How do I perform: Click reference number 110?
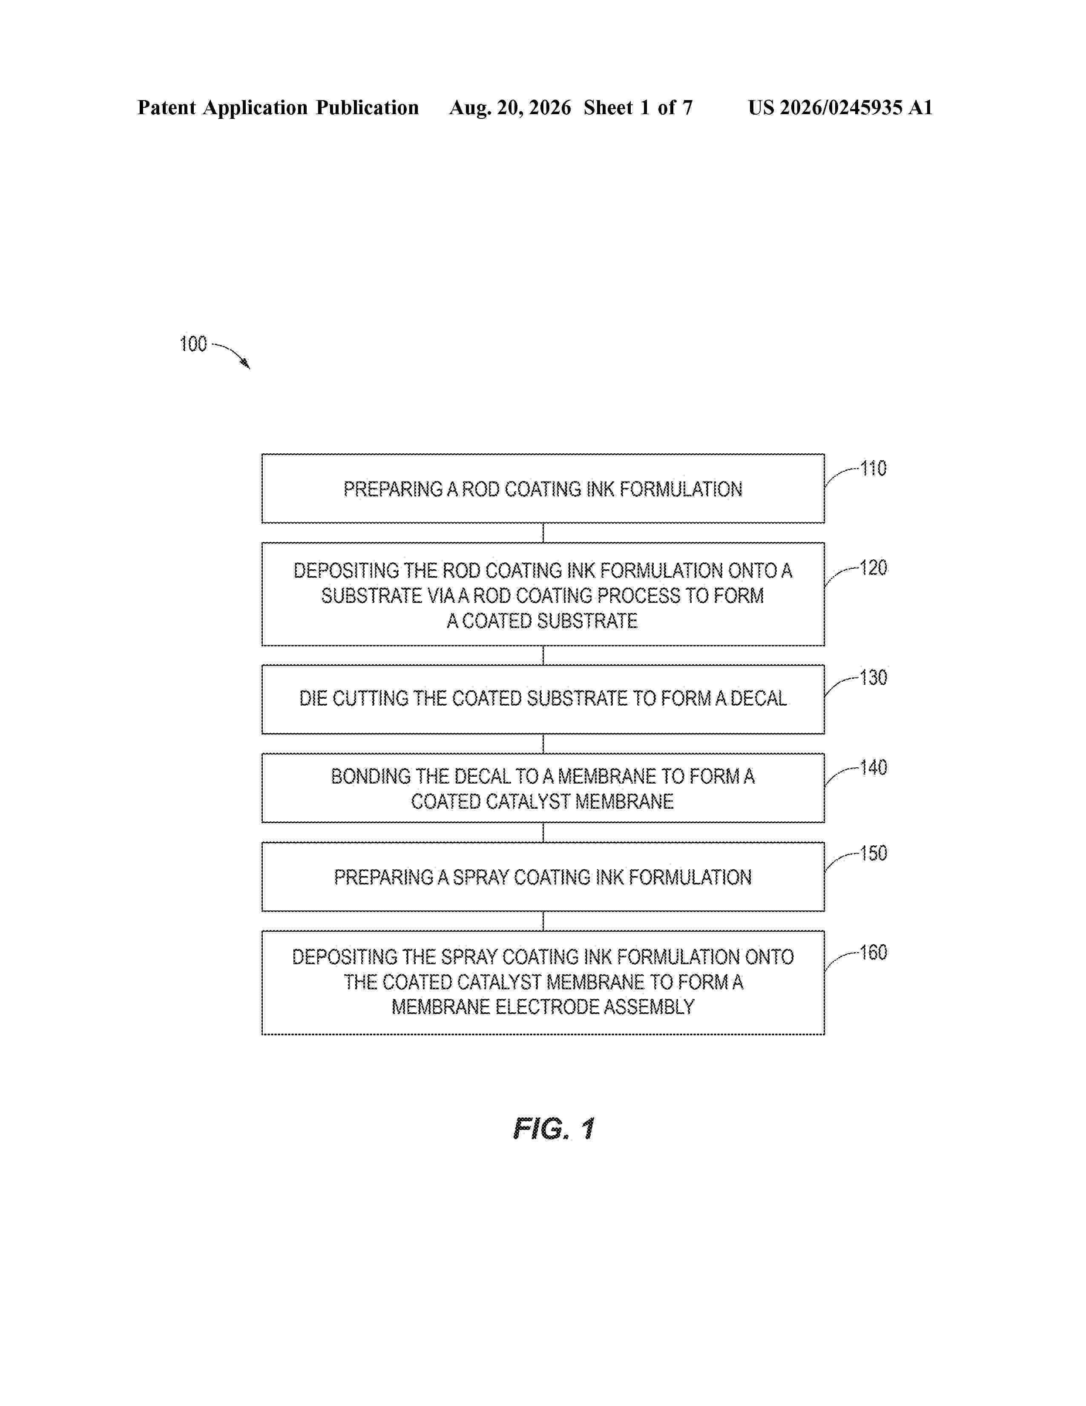click(x=873, y=469)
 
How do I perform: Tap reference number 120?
click(x=873, y=568)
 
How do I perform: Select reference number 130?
click(x=873, y=677)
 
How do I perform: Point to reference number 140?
click(x=873, y=767)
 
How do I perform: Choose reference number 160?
click(x=873, y=952)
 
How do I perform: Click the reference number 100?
click(x=193, y=344)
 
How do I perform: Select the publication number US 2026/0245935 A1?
click(x=840, y=107)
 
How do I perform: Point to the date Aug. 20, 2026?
click(x=510, y=107)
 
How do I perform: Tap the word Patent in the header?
click(x=167, y=107)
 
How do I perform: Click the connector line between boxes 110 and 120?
click(x=543, y=533)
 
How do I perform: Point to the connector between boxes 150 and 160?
click(x=543, y=921)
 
